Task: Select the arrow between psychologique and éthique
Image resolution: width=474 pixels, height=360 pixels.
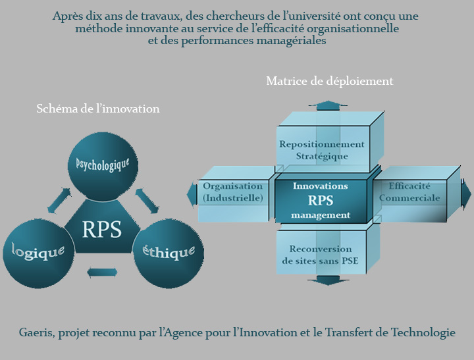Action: [147, 201]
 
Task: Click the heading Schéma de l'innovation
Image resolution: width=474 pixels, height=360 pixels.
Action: [98, 109]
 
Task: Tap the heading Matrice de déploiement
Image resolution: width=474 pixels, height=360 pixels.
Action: [329, 81]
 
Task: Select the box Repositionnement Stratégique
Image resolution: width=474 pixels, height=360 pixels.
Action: [321, 150]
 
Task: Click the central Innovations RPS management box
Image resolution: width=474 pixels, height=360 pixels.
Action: [321, 200]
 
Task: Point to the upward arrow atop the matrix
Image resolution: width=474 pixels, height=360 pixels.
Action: [327, 105]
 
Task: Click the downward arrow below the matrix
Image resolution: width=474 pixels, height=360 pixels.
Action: [327, 280]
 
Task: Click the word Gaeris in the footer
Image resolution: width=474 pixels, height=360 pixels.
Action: [37, 332]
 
